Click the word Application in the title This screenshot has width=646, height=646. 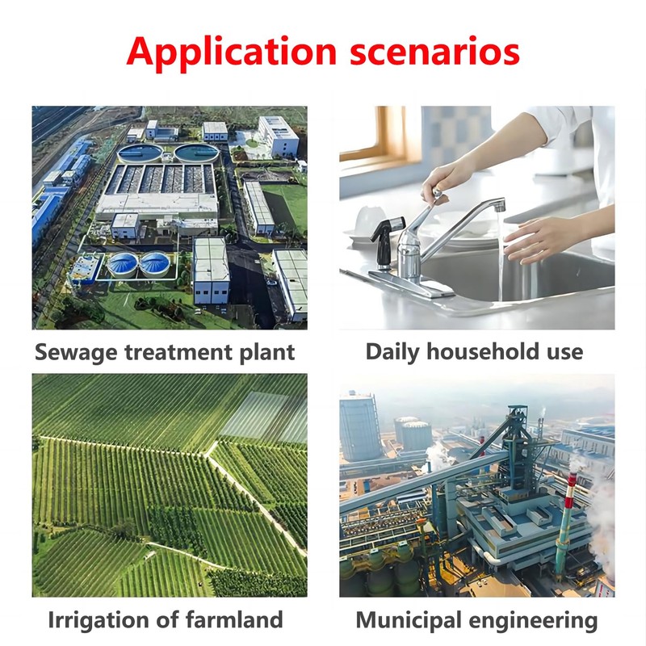coord(231,52)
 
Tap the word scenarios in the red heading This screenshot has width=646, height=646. coord(434,52)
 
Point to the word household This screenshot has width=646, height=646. coord(482,351)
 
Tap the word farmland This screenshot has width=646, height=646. coord(234,619)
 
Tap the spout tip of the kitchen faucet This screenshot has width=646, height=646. coord(499,205)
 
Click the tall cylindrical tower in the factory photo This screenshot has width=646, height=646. coord(359,427)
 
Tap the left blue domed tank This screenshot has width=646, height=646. coord(123,264)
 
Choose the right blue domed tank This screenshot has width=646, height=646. coord(154,264)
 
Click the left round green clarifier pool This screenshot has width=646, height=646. coord(140,153)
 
